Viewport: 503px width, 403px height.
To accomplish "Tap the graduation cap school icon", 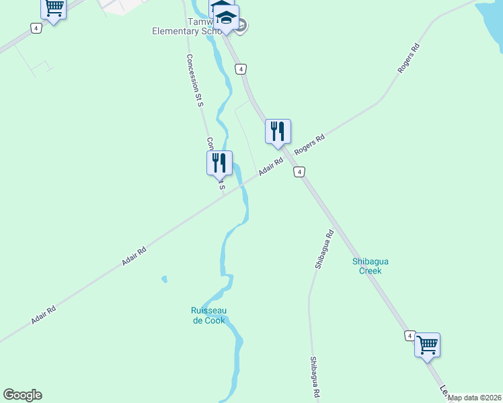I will [x=227, y=17].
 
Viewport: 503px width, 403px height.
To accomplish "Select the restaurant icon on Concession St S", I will [x=219, y=163].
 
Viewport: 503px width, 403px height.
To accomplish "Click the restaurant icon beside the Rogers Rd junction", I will [x=278, y=130].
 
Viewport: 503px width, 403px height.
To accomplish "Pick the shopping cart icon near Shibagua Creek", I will [x=427, y=345].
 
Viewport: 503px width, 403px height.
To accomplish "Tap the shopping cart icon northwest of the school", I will [x=53, y=8].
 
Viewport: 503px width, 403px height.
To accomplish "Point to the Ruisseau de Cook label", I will [x=207, y=315].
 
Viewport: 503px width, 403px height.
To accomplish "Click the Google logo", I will [x=22, y=395].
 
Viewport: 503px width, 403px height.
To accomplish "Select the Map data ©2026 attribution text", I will [x=474, y=398].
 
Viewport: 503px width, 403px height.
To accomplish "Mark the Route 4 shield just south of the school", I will [x=241, y=69].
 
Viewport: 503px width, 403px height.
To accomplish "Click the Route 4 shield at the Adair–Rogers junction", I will [x=299, y=173].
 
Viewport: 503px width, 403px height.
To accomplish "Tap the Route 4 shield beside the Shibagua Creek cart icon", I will [x=409, y=335].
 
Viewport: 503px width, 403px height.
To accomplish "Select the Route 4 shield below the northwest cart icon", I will [x=35, y=28].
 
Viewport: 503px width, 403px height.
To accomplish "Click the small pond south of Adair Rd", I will [x=164, y=279].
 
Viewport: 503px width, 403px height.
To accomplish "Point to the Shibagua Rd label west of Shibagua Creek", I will [x=323, y=250].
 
